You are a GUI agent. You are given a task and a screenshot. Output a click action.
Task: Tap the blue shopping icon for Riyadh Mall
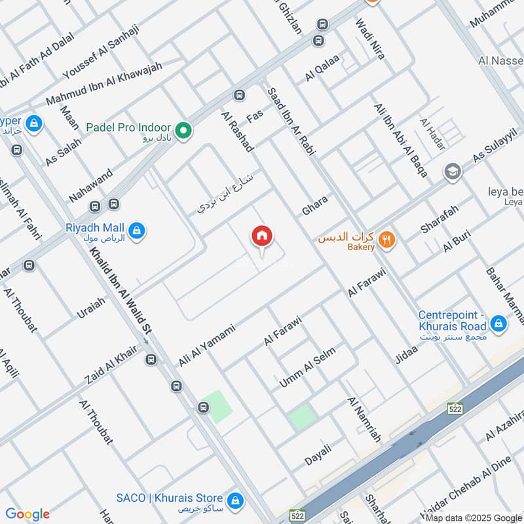(137, 230)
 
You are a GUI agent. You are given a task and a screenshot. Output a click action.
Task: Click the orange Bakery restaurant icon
(388, 240)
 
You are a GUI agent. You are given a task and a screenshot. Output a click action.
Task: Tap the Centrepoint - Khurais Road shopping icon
(498, 323)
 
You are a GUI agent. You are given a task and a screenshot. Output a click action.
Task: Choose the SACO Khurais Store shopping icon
(236, 501)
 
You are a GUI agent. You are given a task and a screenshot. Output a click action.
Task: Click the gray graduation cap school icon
(452, 172)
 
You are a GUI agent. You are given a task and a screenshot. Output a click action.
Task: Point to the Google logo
(28, 514)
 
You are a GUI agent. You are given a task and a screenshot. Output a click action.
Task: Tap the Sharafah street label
(440, 218)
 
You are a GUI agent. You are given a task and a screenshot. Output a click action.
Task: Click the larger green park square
(216, 406)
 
